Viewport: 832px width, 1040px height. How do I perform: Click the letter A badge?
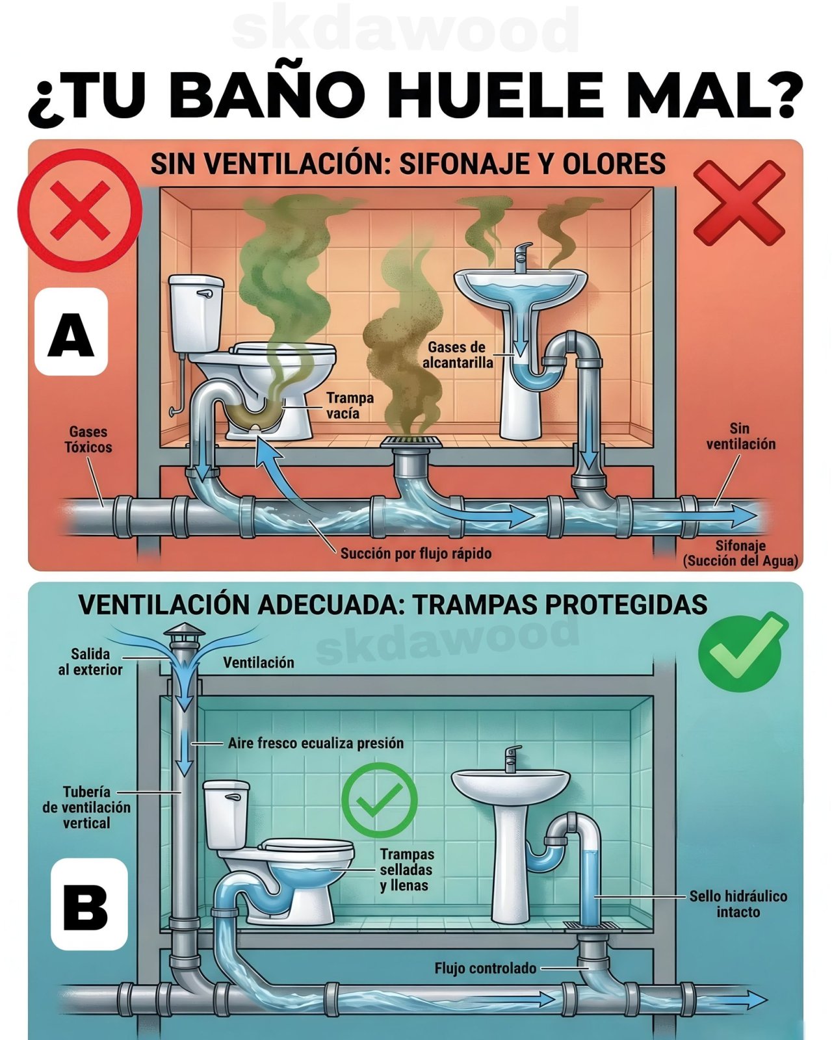(x=71, y=332)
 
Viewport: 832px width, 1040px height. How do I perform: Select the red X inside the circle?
(x=81, y=211)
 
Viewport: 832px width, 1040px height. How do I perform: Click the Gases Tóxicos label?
(x=88, y=439)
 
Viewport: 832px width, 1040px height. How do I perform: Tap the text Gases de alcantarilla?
(x=458, y=355)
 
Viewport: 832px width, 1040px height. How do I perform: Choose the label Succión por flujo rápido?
(x=416, y=553)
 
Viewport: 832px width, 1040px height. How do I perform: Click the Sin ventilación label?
(x=740, y=436)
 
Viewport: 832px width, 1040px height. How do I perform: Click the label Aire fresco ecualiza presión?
(x=316, y=743)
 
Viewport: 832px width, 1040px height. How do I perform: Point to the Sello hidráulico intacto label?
(x=738, y=904)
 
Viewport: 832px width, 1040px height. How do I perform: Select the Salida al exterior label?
(x=90, y=662)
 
